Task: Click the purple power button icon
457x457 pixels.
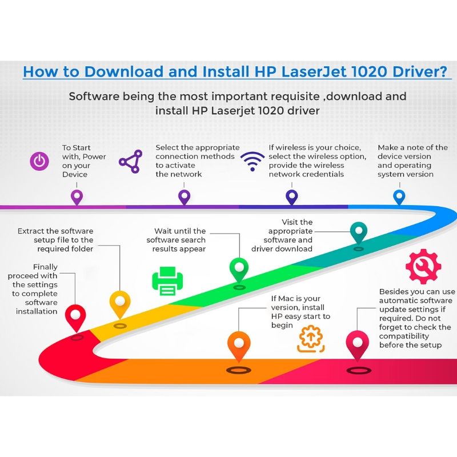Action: coord(39,161)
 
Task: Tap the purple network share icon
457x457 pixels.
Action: coord(131,162)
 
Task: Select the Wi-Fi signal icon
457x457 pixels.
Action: coord(252,162)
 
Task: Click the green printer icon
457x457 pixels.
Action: coord(167,280)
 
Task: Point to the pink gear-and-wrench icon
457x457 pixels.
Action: coord(423,266)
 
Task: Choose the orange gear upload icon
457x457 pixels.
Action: coord(311,339)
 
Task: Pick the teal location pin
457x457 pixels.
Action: coord(359,232)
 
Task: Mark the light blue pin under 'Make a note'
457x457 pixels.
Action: coord(399,197)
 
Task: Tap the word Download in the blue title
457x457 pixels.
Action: coord(124,71)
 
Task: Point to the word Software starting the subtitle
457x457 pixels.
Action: coord(94,96)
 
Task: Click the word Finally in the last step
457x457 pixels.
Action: coord(45,267)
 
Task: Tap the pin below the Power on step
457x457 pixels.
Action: coord(77,197)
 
